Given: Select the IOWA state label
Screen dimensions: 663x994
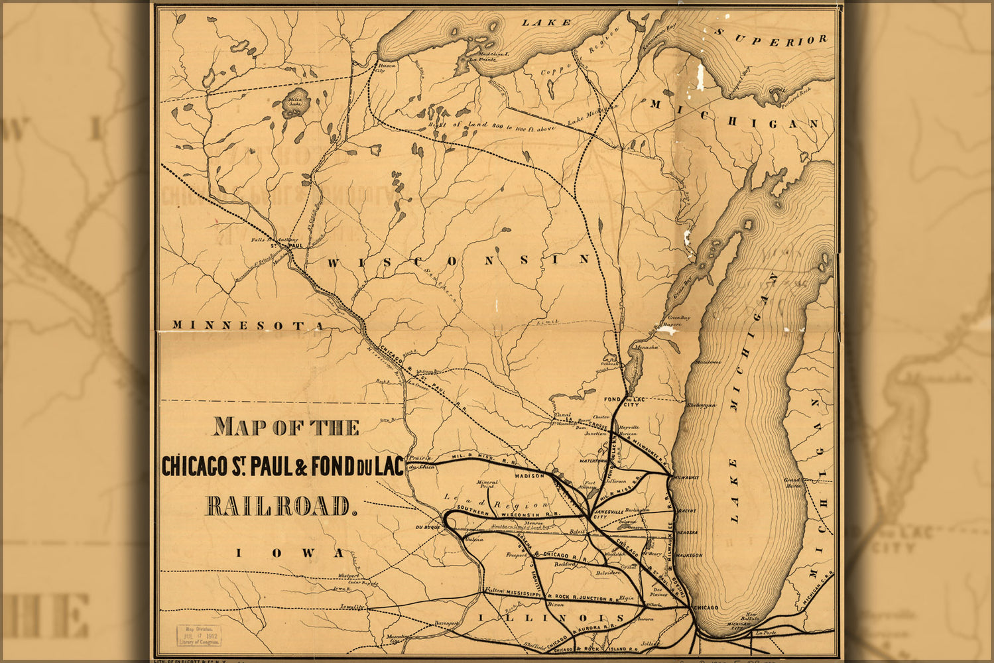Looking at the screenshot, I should tap(290, 553).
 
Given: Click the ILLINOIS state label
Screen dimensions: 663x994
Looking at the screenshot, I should tap(551, 619).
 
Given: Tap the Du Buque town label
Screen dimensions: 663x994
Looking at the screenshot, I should tap(428, 527).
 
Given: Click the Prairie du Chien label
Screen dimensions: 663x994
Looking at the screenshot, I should tap(420, 462).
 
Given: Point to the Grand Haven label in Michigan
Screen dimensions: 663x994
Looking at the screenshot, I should tap(793, 483).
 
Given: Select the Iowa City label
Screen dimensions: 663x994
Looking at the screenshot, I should tap(353, 606).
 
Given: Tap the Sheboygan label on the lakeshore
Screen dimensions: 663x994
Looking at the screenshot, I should tap(702, 404).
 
